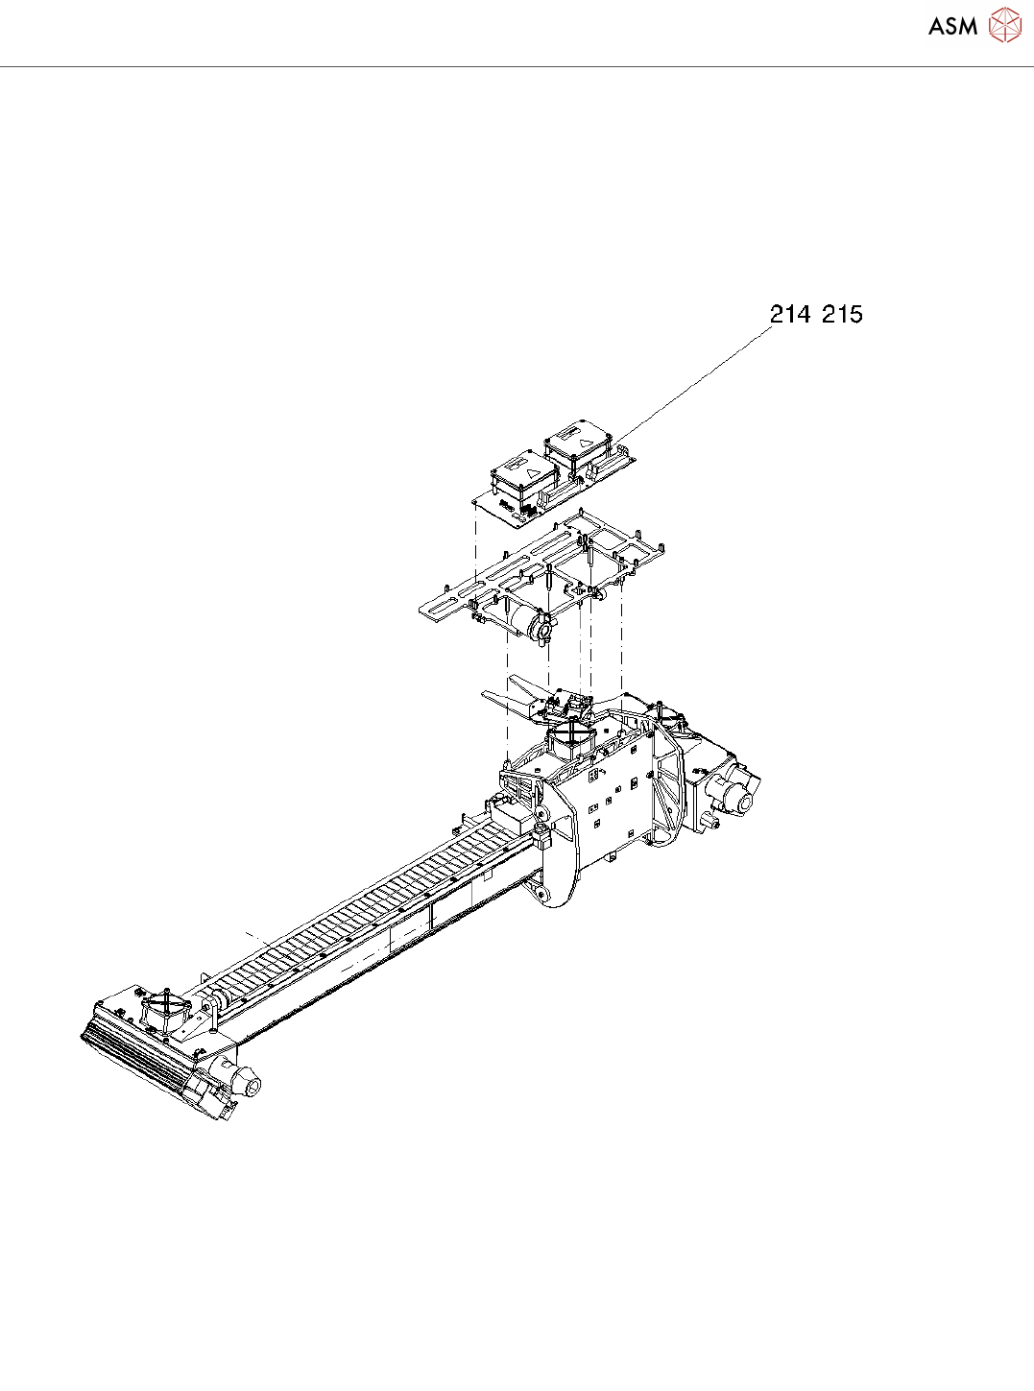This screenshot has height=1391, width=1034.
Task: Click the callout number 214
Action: (790, 314)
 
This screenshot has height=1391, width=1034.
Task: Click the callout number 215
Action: (842, 314)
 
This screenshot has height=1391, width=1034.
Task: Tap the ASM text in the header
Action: (952, 27)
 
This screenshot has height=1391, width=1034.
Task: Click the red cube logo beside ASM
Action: (1004, 25)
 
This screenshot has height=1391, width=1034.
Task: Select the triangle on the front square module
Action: (532, 472)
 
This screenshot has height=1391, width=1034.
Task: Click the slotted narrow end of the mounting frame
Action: (444, 602)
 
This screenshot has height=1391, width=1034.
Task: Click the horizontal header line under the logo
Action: (517, 67)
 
